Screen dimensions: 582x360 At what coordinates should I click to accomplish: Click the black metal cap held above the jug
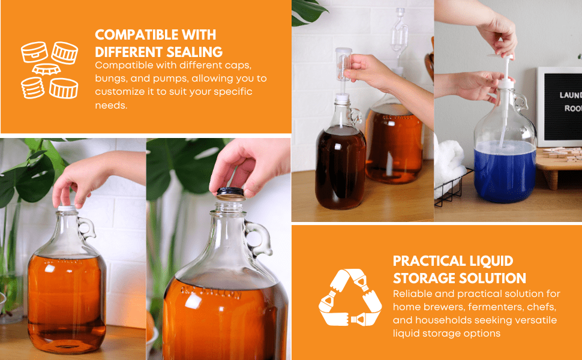point(230,194)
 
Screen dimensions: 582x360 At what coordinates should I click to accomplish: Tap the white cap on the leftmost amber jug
point(67,208)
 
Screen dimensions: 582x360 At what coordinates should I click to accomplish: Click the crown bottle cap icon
point(46,69)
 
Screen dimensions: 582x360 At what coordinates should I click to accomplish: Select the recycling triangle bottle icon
point(350,298)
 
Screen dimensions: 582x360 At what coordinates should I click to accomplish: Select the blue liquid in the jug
point(505,171)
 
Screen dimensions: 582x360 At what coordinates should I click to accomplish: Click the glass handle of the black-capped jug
point(258,238)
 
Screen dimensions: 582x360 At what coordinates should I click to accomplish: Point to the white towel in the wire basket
point(449,166)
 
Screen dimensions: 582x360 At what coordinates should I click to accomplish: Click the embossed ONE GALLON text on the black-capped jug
point(211,293)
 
